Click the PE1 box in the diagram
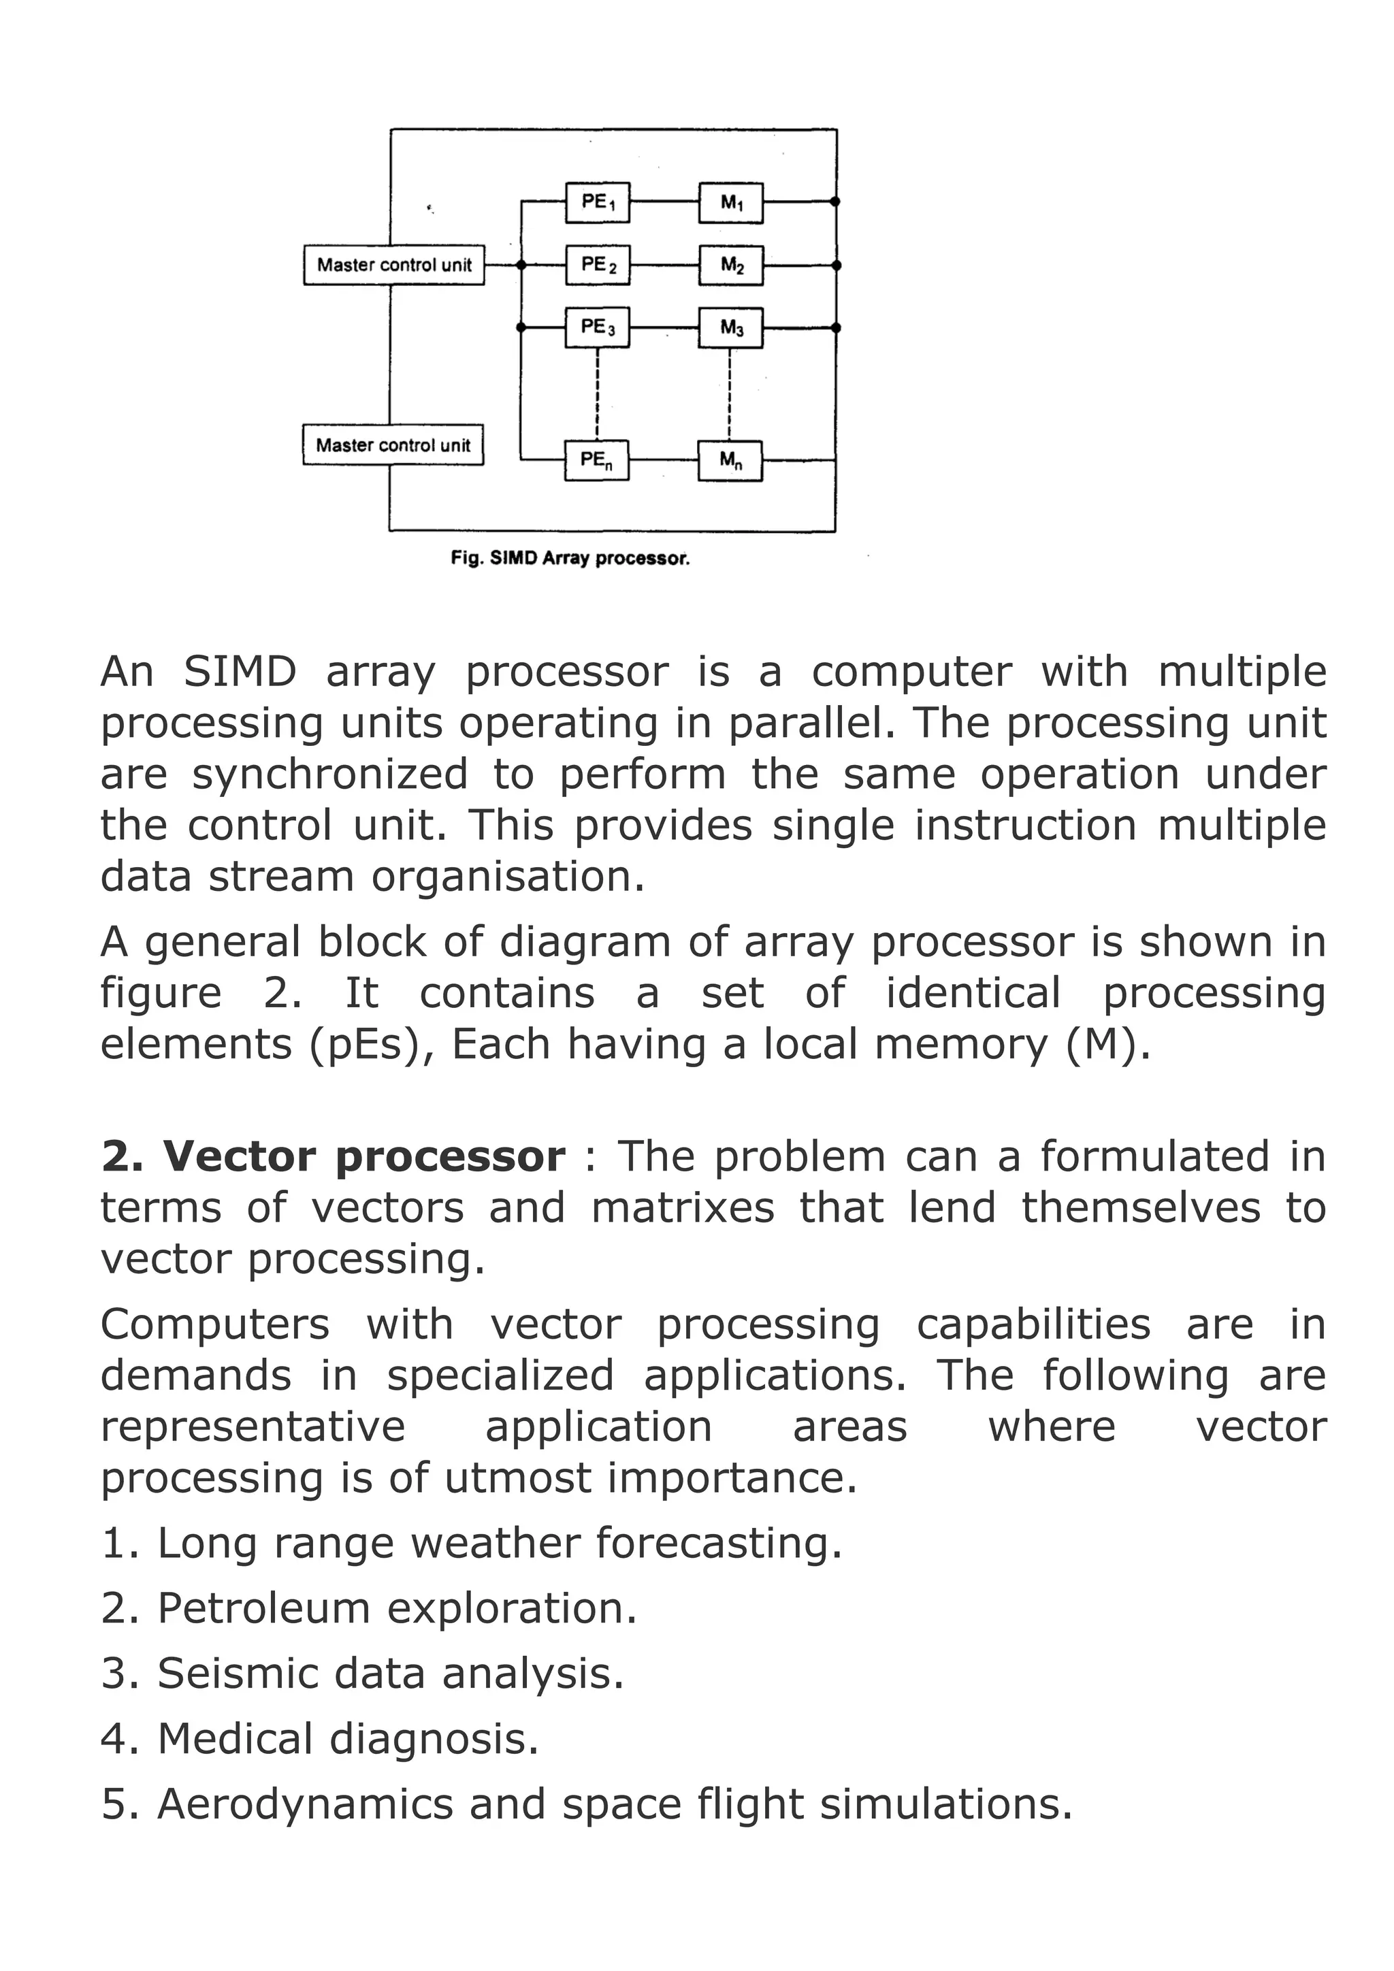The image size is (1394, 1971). coord(598,203)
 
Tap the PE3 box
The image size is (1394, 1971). coord(598,327)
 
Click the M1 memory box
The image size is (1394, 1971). coord(731,203)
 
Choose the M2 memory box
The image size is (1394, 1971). coord(731,265)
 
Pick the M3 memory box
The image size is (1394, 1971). coord(731,328)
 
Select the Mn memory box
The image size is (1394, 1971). coord(730,461)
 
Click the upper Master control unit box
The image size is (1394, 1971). coord(394,264)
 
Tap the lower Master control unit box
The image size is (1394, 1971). coord(393,444)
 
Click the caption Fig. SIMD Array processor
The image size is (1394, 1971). coord(570,558)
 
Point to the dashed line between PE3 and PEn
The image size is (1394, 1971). coord(598,393)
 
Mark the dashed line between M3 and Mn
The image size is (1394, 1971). coord(730,393)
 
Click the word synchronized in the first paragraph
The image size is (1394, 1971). coord(329,775)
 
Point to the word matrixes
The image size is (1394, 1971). coord(683,1208)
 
